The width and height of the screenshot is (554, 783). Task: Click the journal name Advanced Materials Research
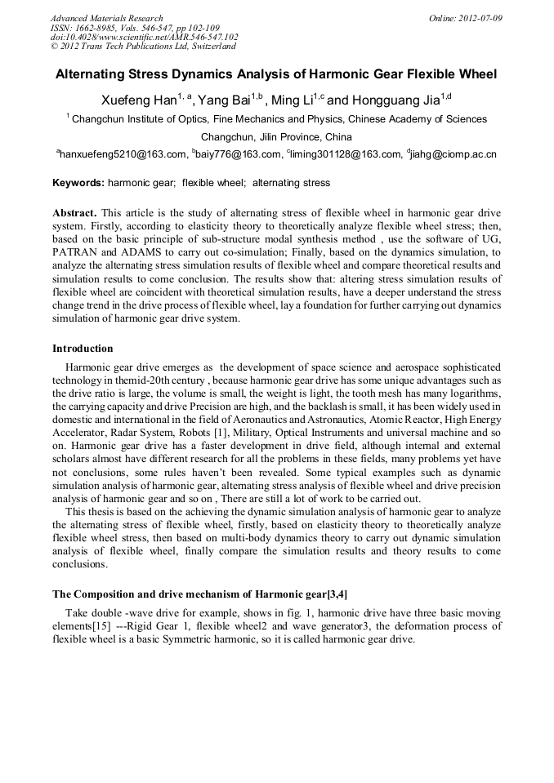[107, 18]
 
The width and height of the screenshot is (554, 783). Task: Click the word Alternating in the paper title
[97, 74]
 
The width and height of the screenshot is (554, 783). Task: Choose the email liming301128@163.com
[344, 153]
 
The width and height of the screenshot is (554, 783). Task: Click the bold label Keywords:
[78, 183]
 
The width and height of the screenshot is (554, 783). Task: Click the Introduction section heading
[83, 349]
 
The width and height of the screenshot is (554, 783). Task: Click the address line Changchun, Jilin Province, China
[276, 136]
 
